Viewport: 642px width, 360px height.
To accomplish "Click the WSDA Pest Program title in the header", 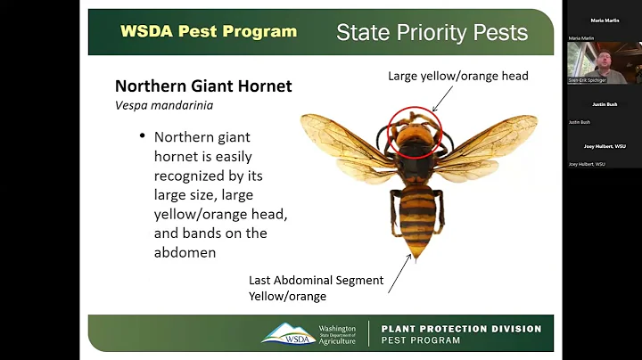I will coord(209,31).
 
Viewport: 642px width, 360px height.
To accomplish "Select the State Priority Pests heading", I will coord(432,33).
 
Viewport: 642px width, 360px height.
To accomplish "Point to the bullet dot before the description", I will coord(141,137).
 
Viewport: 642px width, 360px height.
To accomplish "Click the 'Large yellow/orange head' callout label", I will coord(457,77).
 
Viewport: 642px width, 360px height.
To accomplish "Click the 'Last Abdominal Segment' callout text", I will coord(316,280).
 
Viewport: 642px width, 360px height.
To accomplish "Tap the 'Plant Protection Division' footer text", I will coord(461,329).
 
